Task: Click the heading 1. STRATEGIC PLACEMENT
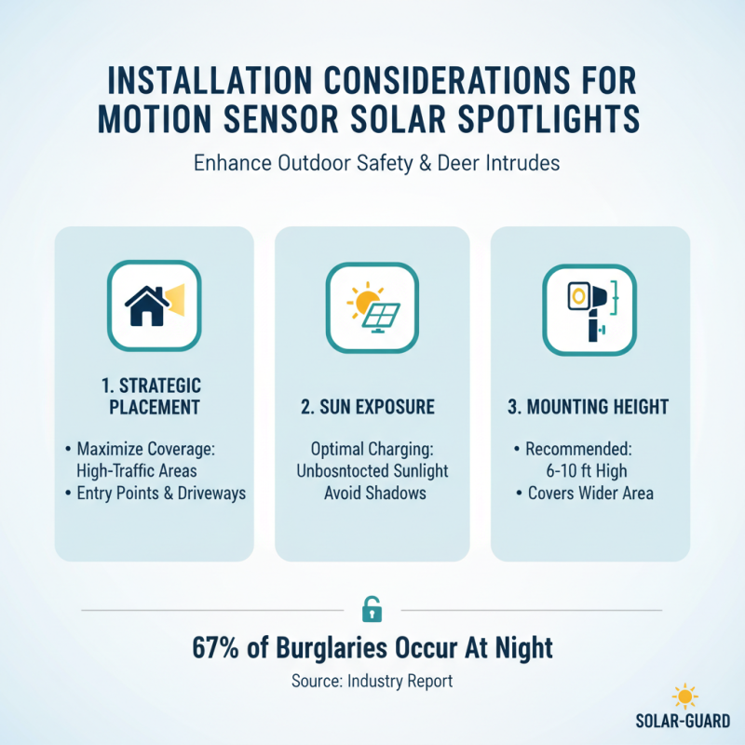(x=155, y=396)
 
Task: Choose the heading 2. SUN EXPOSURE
(x=372, y=407)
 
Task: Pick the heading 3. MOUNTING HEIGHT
(x=590, y=407)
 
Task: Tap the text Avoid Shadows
(x=375, y=493)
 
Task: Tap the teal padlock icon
(x=372, y=610)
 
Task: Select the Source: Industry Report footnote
(x=372, y=681)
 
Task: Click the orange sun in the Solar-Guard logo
(x=684, y=697)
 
